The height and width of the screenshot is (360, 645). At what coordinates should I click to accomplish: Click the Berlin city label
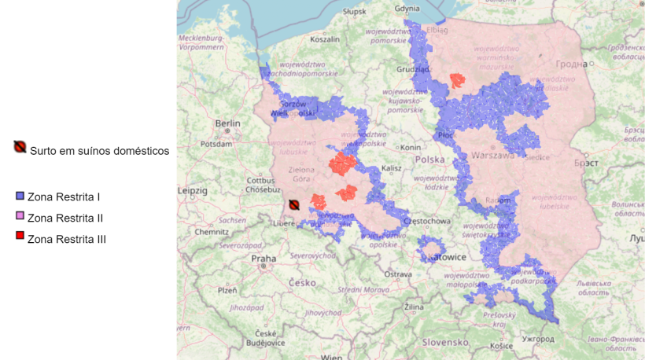228,123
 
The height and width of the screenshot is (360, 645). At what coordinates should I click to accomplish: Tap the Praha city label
264,258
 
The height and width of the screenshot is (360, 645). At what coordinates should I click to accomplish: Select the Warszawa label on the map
494,156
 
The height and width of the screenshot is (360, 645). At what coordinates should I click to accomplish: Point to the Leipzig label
192,190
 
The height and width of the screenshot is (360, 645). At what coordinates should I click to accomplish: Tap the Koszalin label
324,39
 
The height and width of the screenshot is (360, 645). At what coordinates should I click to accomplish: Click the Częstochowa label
426,222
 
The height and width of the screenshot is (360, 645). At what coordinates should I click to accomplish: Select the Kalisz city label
391,168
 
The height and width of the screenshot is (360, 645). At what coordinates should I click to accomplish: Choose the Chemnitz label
211,232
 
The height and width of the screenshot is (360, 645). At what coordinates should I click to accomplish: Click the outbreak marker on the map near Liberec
293,205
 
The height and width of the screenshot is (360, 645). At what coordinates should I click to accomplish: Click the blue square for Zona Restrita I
20,194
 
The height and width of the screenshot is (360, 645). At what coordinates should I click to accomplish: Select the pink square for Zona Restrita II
20,216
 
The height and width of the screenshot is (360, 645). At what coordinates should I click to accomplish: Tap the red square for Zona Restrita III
20,237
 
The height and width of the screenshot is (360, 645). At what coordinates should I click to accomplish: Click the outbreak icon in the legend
20,147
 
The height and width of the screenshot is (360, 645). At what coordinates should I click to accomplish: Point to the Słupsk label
355,12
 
